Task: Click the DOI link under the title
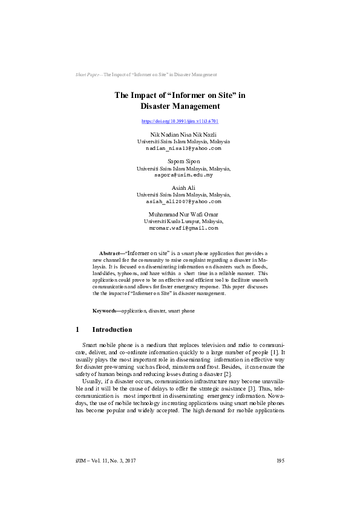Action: tap(180, 122)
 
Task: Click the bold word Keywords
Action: tap(105, 311)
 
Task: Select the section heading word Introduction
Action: tap(112, 330)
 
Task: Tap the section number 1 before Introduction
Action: tap(78, 330)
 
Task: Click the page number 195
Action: tap(280, 461)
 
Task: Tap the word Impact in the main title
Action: tap(145, 95)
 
